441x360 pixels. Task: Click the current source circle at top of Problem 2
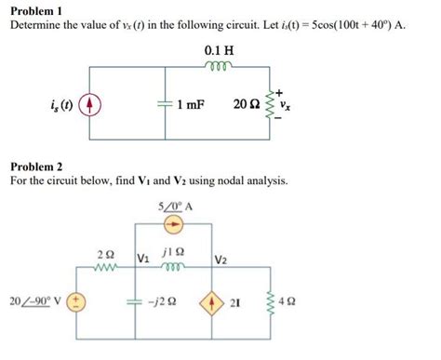pos(173,225)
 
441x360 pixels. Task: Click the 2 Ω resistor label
pos(106,252)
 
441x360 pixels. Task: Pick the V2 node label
pos(224,260)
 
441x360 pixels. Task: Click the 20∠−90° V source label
pos(33,300)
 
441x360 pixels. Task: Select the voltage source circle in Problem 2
pos(78,301)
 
